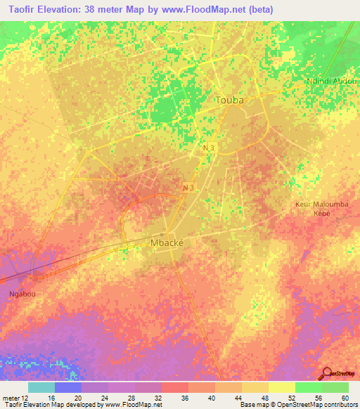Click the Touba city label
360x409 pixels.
coord(229,100)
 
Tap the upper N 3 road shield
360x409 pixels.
coord(207,148)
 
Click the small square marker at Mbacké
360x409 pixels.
coord(162,234)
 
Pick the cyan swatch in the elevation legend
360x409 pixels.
coord(41,387)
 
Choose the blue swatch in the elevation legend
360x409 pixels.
coord(68,387)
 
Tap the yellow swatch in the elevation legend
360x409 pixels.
coord(282,387)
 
